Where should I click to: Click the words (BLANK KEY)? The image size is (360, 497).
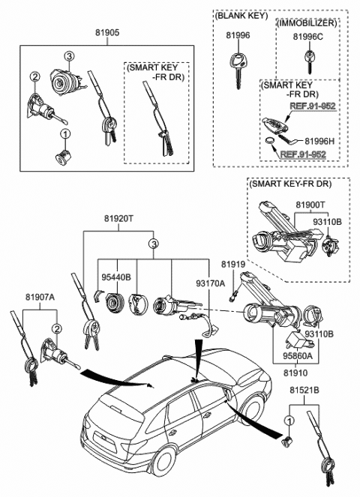click(239, 15)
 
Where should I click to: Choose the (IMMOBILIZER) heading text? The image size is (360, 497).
click(307, 24)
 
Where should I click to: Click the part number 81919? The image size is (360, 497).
click(233, 265)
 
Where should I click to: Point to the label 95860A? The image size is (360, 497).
click(298, 357)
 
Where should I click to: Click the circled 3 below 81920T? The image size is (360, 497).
click(152, 244)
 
